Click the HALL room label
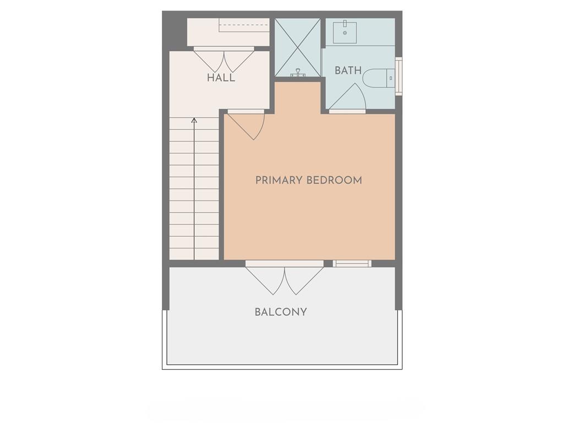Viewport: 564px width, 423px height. click(x=221, y=77)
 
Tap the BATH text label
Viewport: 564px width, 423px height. click(x=348, y=70)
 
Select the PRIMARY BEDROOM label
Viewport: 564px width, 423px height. click(x=308, y=180)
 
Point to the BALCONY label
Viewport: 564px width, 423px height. click(x=280, y=312)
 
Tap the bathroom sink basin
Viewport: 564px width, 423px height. click(x=345, y=32)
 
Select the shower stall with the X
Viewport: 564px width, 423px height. click(x=297, y=47)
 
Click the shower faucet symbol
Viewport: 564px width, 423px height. click(x=298, y=73)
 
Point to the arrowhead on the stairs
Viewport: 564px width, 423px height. click(x=194, y=120)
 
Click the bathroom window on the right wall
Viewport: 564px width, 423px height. click(x=399, y=76)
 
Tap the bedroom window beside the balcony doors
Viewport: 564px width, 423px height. click(x=352, y=263)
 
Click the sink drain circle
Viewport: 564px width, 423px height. click(x=345, y=33)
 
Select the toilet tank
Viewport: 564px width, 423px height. click(x=391, y=78)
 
